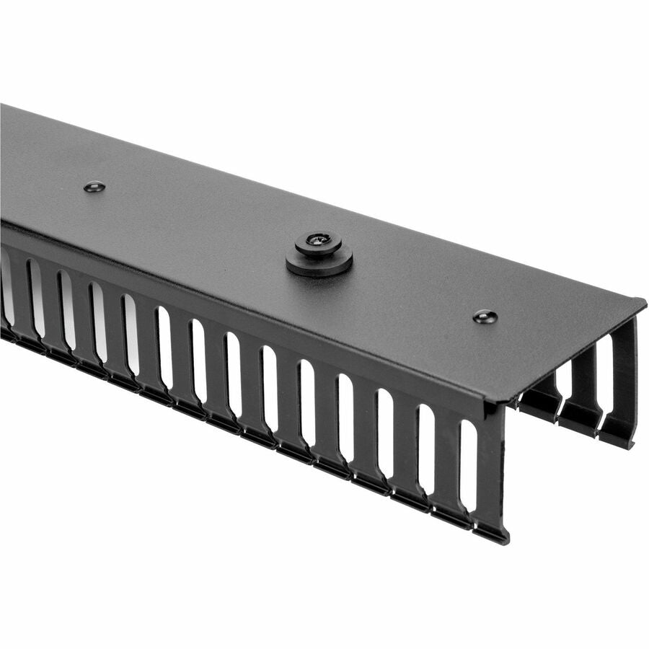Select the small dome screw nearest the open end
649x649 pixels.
click(x=485, y=316)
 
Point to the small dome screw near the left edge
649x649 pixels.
click(x=94, y=187)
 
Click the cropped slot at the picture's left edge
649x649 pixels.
click(x=6, y=288)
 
